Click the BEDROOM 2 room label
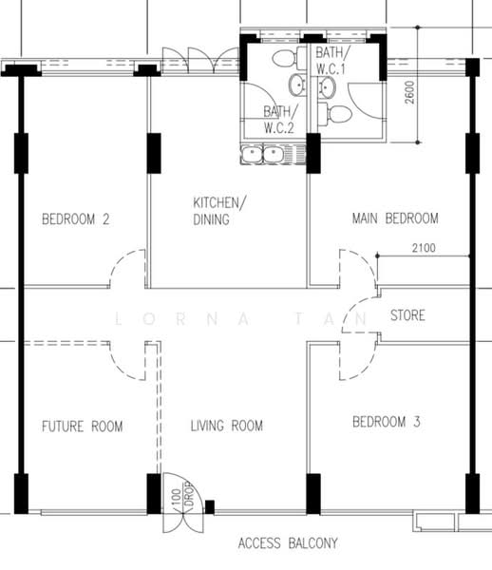tap(76, 219)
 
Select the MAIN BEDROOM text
tap(395, 218)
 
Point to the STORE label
tap(407, 315)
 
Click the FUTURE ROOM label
tap(82, 426)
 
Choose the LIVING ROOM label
tap(227, 426)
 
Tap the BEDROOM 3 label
tap(387, 422)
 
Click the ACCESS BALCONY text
tap(288, 543)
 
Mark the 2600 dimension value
tap(409, 92)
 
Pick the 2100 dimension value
tap(424, 248)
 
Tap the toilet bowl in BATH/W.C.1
tap(335, 114)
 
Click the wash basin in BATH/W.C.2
tap(298, 85)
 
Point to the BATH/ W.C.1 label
tap(331, 61)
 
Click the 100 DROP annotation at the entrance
tap(181, 496)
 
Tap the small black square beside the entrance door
tap(210, 506)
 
